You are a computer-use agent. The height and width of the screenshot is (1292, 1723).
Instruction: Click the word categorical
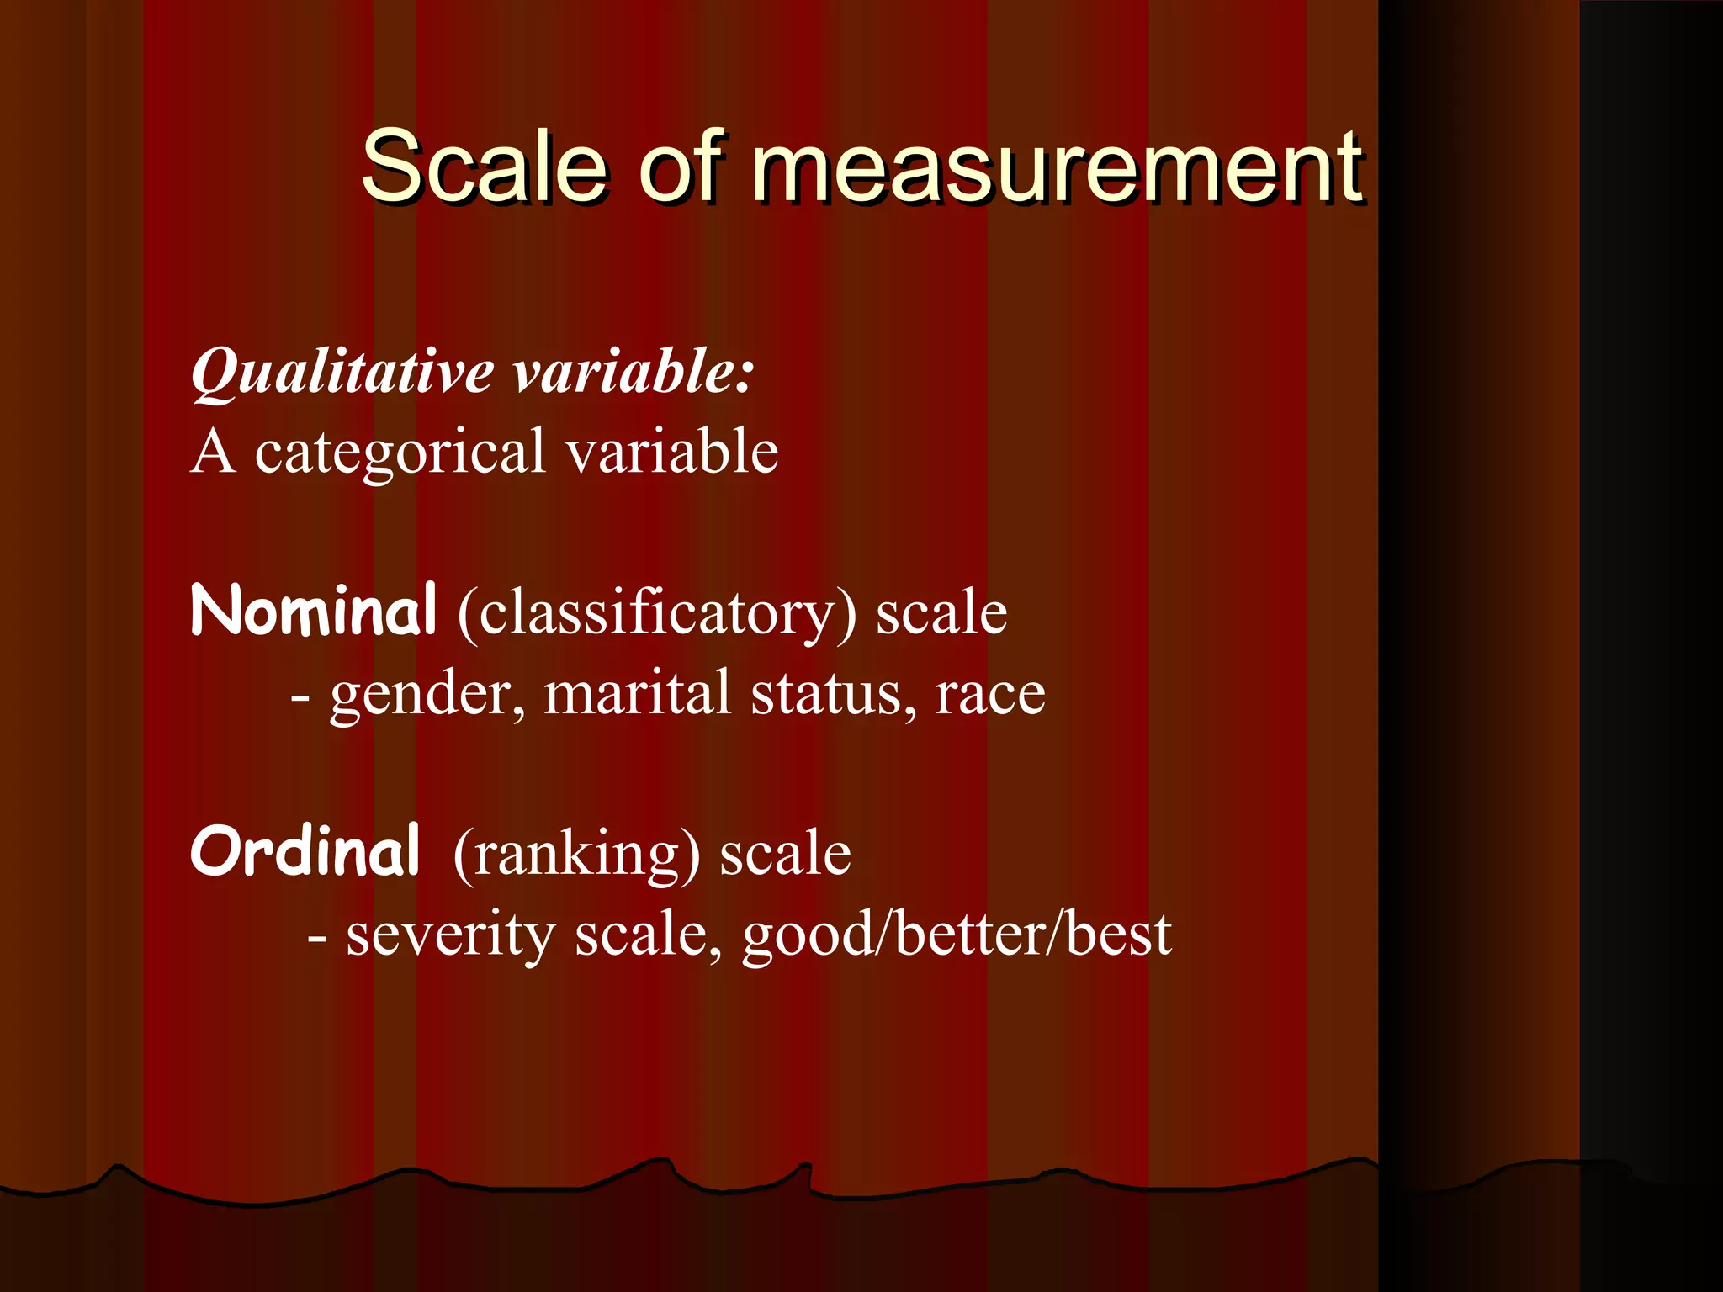click(400, 453)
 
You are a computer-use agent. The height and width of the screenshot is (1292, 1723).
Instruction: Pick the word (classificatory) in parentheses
click(657, 613)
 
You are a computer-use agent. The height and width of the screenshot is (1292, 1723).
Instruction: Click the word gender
click(428, 696)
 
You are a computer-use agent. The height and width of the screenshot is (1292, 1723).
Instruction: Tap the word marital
click(637, 694)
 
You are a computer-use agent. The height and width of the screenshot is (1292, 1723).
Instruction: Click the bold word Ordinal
click(305, 851)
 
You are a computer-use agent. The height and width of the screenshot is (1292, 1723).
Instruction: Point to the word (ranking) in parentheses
click(576, 855)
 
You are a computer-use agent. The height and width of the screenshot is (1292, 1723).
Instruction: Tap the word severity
click(450, 935)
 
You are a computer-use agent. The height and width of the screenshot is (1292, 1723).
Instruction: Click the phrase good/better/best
click(957, 935)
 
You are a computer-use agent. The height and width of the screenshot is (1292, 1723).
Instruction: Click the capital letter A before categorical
click(212, 453)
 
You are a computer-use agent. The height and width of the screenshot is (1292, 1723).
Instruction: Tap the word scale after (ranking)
click(785, 853)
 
